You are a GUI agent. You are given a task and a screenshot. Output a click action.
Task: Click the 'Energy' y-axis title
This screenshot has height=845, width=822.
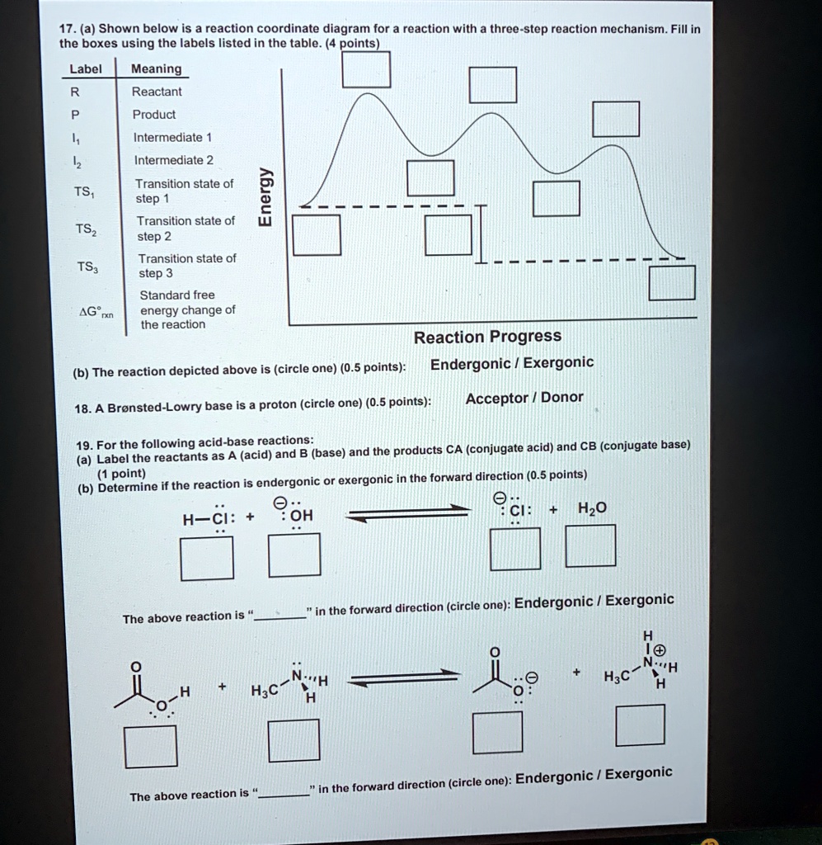265,197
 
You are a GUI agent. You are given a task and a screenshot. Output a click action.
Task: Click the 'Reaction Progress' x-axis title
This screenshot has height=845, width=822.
487,337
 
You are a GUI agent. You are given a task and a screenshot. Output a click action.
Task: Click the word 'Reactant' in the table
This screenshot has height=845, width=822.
157,92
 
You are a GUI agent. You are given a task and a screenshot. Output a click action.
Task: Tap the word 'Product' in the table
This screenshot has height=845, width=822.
155,115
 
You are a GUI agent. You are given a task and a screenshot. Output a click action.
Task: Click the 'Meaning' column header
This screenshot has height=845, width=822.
157,69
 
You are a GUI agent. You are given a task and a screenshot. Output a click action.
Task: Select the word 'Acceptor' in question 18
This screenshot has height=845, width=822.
496,398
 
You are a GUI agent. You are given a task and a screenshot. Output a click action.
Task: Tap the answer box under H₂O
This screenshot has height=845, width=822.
589,546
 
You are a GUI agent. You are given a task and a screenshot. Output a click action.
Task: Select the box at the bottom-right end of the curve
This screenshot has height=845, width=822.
672,283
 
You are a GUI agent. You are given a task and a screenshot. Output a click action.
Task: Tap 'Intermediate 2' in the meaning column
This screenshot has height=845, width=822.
173,160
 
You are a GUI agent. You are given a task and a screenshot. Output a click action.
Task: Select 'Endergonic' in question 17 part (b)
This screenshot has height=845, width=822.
471,363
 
